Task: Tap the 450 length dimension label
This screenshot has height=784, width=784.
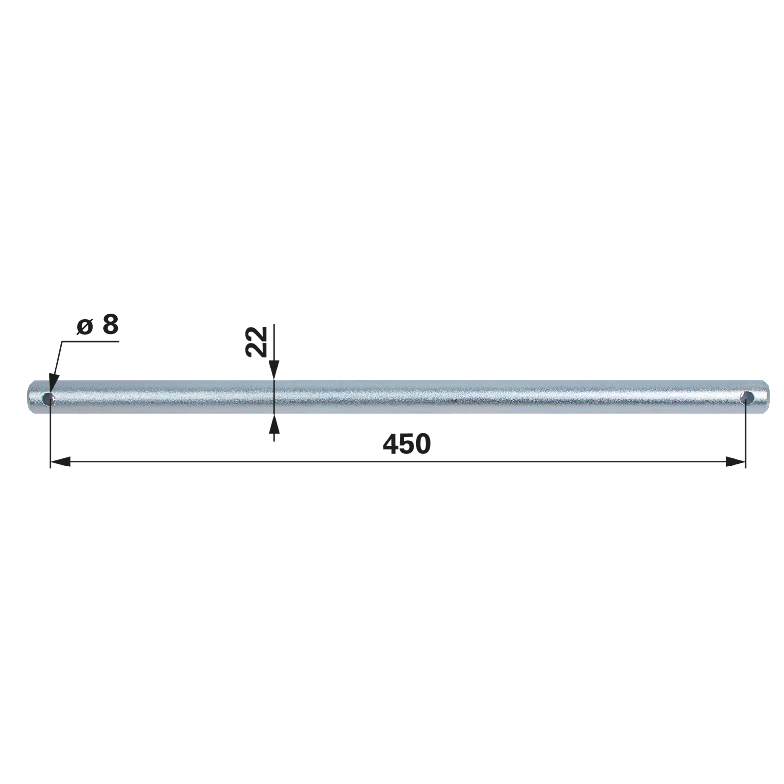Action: pyautogui.click(x=406, y=444)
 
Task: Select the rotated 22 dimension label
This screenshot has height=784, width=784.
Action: pyautogui.click(x=257, y=342)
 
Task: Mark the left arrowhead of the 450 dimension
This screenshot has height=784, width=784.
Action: pyautogui.click(x=60, y=461)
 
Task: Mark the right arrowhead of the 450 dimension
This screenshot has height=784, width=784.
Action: pyautogui.click(x=735, y=461)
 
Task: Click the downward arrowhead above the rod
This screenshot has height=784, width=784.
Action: pyautogui.click(x=274, y=370)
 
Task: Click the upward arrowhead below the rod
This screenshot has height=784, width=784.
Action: pyautogui.click(x=274, y=425)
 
